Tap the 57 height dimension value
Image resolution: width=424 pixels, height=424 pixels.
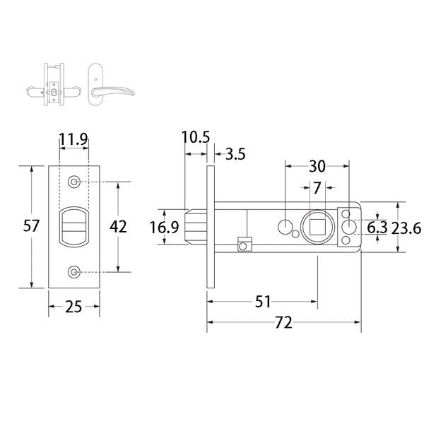click(31, 226)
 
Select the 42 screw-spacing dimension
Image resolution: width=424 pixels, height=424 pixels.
click(119, 226)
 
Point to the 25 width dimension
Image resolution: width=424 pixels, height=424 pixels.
click(73, 307)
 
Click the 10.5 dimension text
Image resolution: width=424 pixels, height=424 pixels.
click(196, 137)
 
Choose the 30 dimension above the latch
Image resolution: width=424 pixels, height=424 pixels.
click(317, 166)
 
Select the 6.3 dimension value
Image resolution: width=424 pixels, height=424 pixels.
click(378, 227)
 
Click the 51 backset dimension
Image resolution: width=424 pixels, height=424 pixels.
click(263, 302)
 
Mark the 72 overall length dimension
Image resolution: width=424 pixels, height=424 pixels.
click(283, 324)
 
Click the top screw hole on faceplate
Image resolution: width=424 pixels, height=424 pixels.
click(74, 182)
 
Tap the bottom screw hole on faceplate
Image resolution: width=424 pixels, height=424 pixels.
click(74, 272)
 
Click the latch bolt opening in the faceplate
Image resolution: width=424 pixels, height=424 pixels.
click(74, 227)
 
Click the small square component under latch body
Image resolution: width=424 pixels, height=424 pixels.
click(245, 245)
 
